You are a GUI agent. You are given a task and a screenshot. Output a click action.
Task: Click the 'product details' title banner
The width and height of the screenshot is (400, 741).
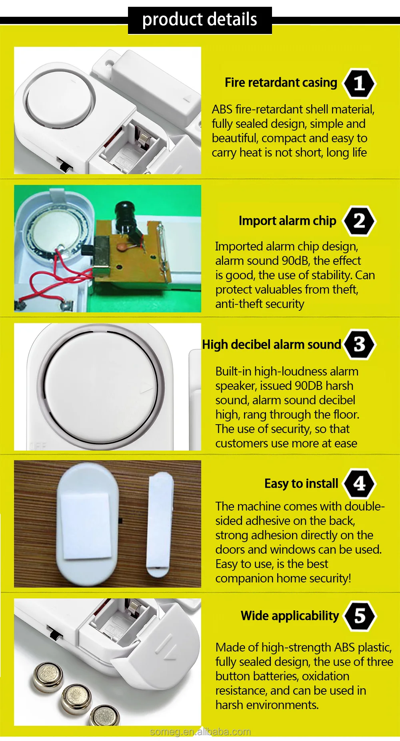pos(200,20)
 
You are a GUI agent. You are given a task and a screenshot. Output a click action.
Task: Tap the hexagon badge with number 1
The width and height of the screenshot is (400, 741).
pos(359,83)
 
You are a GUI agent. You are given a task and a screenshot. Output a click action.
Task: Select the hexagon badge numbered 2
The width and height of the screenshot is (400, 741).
pos(359,221)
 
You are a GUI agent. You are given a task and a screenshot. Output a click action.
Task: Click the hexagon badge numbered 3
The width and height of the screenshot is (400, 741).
pos(359,344)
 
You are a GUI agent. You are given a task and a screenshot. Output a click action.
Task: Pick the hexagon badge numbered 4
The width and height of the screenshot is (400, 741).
pos(359,484)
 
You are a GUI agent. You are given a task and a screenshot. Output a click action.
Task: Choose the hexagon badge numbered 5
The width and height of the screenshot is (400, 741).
pos(359,616)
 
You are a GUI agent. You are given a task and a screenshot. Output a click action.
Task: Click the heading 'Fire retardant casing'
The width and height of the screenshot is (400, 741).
pos(281,83)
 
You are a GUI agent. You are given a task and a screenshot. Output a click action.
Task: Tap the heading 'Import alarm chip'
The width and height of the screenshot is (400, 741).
pos(287,221)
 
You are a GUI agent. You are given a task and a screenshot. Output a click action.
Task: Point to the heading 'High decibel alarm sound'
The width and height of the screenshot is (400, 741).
pos(271,344)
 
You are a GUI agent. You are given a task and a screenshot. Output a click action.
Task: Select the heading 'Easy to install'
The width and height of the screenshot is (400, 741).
pos(301,484)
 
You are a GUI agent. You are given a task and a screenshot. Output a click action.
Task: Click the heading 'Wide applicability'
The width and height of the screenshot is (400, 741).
pos(290,616)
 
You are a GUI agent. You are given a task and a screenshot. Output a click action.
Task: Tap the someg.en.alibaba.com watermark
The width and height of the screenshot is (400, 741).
pos(200,732)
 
